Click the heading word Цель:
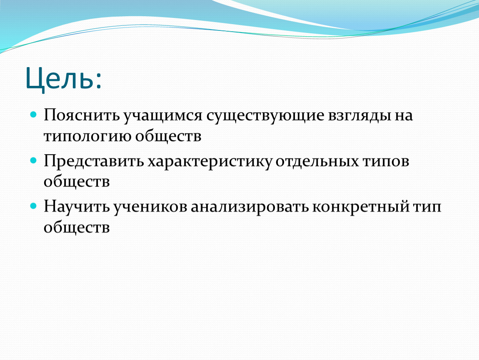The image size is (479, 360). click(x=64, y=78)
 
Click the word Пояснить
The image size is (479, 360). click(x=82, y=115)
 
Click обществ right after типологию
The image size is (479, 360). click(x=168, y=135)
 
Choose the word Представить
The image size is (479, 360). click(x=94, y=161)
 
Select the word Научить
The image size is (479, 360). click(x=77, y=207)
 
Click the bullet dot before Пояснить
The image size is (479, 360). click(x=33, y=115)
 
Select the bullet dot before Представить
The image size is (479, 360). click(x=33, y=160)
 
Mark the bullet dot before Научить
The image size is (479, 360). click(x=33, y=206)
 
